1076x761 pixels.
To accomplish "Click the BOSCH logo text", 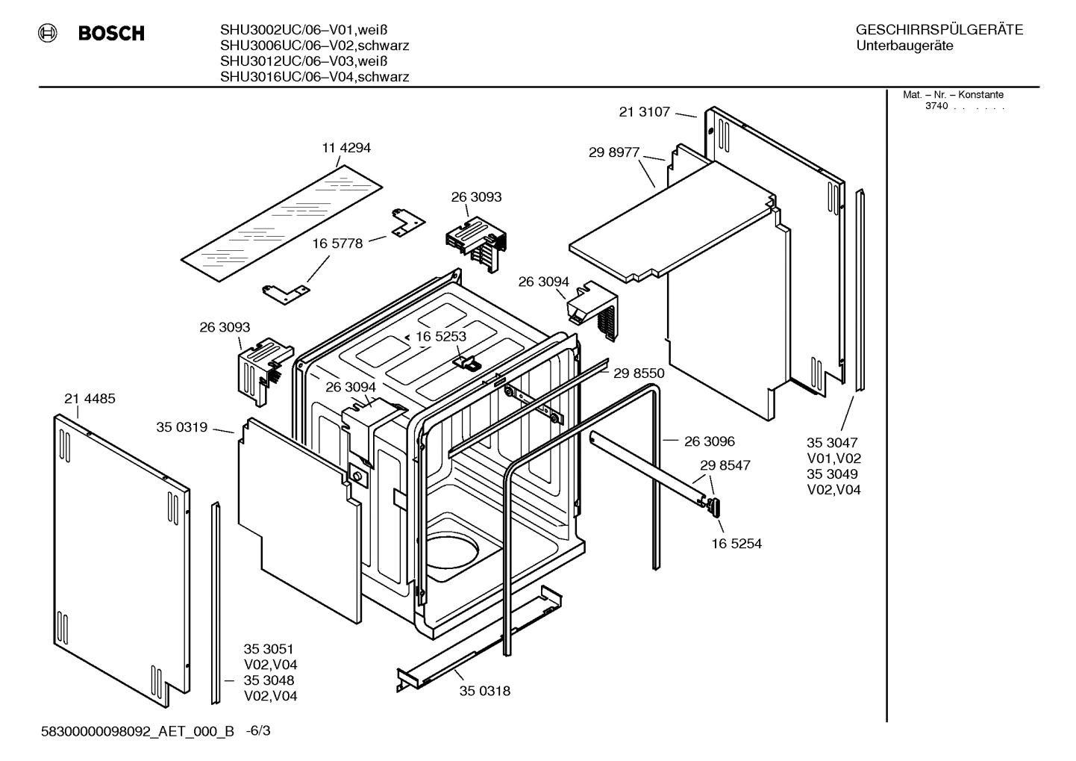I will click(x=111, y=34).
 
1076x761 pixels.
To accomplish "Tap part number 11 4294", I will click(x=346, y=148).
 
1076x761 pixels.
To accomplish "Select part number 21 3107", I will click(x=645, y=112).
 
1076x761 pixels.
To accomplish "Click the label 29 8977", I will click(x=614, y=152).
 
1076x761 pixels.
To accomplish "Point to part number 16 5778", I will click(x=337, y=243).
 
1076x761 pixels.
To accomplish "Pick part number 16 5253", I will click(x=441, y=337).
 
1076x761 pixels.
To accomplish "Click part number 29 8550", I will click(x=639, y=373).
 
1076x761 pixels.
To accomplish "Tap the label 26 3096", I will click(x=710, y=441).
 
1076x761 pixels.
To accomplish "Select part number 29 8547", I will click(x=725, y=465).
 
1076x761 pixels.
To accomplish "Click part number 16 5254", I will click(x=736, y=544).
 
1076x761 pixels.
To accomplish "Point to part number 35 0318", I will click(x=485, y=691).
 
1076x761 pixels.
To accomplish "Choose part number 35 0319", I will click(x=181, y=427).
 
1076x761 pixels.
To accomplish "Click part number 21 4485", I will click(x=90, y=399).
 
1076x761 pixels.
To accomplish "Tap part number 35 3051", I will click(x=269, y=649).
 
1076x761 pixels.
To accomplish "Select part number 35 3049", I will click(x=832, y=474).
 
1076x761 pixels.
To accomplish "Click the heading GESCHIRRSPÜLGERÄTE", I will click(x=939, y=30).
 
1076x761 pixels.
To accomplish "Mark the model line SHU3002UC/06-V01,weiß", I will click(x=304, y=30).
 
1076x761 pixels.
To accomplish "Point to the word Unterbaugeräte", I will click(x=904, y=46).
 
